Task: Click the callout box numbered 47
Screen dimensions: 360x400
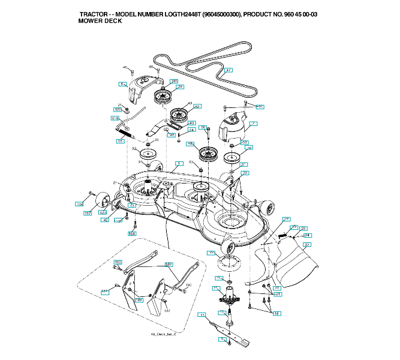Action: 228,70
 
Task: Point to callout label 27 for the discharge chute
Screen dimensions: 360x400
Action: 307,244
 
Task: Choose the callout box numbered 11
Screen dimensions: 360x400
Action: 203,315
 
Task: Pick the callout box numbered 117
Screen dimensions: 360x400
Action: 88,213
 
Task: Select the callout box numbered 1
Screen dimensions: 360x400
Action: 178,163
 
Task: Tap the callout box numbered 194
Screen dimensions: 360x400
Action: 132,233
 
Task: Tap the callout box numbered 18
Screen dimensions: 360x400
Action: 276,313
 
